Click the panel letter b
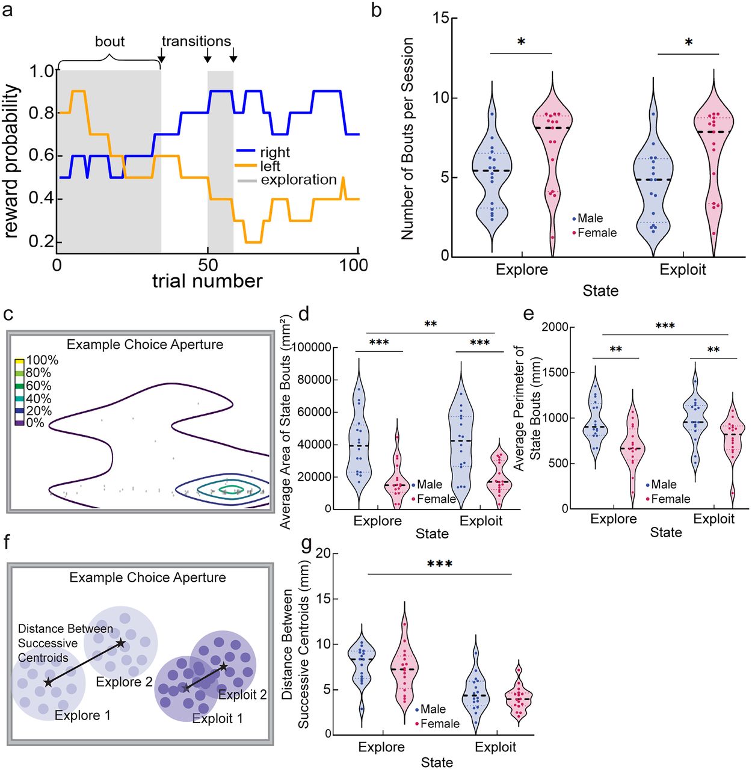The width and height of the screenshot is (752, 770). point(377,10)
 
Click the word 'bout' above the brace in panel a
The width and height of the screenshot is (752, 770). point(110,42)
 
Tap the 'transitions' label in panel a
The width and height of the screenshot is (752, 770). point(196,42)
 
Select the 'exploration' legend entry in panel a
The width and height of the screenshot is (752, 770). point(298,179)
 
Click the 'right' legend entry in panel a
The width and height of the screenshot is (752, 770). point(275,152)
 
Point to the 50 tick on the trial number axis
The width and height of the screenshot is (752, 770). point(208,265)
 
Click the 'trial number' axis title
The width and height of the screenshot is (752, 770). point(207,281)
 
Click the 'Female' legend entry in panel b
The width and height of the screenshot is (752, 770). point(597,233)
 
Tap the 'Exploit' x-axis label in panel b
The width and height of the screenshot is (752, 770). point(683,269)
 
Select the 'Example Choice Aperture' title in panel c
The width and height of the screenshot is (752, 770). point(145,345)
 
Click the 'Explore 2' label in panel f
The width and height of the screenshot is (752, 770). point(125,682)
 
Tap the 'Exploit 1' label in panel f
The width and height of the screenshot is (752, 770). point(218,718)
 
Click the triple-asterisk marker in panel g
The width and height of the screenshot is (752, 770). point(439,564)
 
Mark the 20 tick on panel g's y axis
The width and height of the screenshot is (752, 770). point(324,553)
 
